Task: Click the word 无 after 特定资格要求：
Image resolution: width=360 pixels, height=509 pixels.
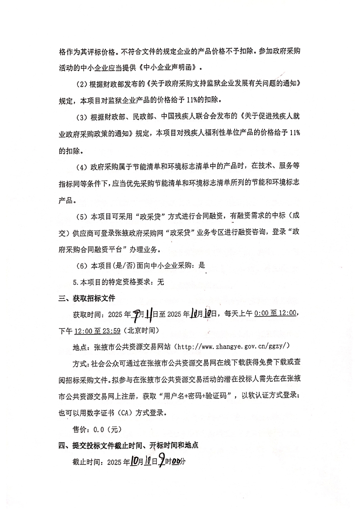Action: tap(160, 282)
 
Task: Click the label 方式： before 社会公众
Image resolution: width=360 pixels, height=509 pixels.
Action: tap(82, 363)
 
